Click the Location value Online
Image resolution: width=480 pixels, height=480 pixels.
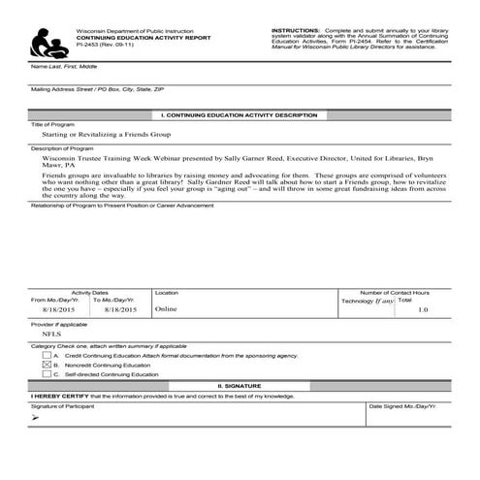166,309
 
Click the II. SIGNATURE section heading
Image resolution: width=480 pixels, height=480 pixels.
239,385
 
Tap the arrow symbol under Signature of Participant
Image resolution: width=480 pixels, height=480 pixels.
36,418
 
